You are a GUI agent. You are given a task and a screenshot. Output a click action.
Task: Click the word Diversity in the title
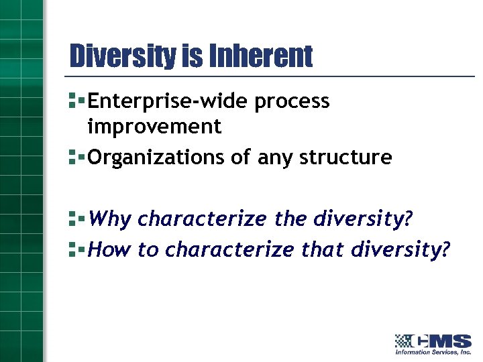click(123, 56)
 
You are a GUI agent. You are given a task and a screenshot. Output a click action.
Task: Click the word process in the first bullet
click(292, 103)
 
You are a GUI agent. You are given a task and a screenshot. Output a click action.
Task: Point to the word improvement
click(154, 127)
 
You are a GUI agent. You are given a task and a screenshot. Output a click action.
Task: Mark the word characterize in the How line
click(229, 249)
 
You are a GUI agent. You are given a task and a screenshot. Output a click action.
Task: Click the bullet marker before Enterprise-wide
click(76, 102)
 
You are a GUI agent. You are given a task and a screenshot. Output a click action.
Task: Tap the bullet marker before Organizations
click(76, 158)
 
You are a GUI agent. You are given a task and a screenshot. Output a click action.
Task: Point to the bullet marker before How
click(76, 249)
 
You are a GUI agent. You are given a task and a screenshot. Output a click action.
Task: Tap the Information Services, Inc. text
click(433, 352)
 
